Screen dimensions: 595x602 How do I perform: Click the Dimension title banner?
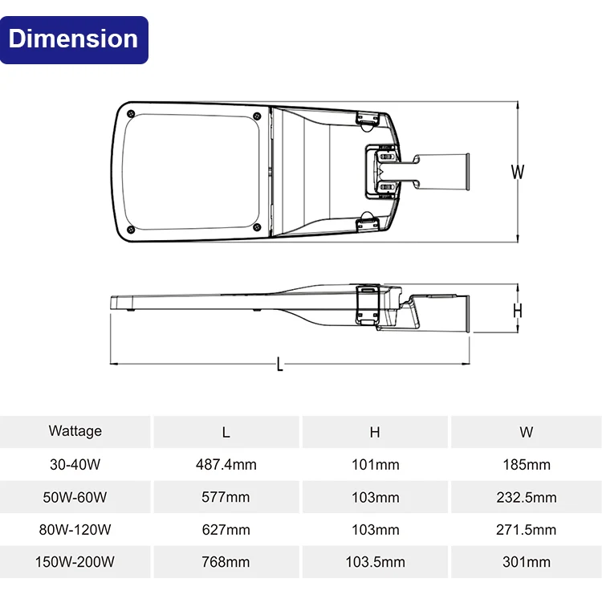click(x=75, y=39)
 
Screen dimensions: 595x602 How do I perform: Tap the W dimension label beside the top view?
click(x=518, y=171)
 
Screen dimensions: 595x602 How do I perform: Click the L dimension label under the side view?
click(x=279, y=365)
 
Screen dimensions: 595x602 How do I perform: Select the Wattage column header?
click(x=75, y=431)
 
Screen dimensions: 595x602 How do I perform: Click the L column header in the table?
click(x=226, y=432)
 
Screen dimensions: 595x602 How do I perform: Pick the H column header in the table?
click(x=375, y=432)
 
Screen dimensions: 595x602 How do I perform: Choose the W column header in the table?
click(x=526, y=432)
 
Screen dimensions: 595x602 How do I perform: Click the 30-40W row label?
click(x=75, y=465)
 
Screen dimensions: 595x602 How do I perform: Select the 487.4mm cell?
click(x=226, y=465)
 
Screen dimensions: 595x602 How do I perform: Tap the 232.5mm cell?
click(x=526, y=497)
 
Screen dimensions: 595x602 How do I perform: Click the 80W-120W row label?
click(x=75, y=530)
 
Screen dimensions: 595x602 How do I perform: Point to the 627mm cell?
click(x=226, y=530)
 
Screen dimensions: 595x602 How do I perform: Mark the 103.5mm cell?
click(x=375, y=562)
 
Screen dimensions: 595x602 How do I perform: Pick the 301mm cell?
click(x=526, y=562)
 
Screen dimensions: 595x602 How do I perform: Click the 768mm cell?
click(x=226, y=562)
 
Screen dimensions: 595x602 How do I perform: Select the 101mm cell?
click(x=375, y=465)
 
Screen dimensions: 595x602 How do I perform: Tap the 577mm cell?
click(x=226, y=497)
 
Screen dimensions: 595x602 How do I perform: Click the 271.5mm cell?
click(x=526, y=530)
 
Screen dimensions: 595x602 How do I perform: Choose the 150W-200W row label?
click(x=75, y=562)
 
